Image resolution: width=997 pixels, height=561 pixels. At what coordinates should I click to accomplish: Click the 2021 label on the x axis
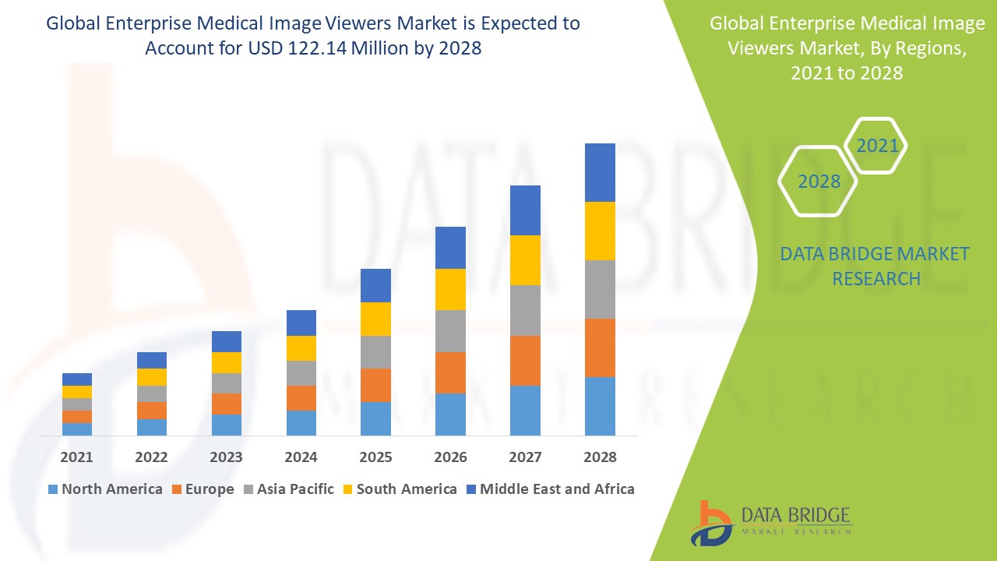point(77,457)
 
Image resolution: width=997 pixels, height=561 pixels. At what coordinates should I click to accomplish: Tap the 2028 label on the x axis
point(600,457)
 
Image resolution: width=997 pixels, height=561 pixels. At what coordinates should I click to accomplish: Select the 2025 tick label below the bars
point(375,457)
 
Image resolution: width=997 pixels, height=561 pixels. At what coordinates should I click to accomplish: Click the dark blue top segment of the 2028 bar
point(600,172)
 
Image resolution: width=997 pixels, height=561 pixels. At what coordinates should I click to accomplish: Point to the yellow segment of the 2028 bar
point(600,231)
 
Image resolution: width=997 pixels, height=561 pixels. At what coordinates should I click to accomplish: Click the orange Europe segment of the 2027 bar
point(525,360)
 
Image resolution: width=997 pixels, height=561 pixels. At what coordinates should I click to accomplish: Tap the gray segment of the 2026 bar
point(450,331)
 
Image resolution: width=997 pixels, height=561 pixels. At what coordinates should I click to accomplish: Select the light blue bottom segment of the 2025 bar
point(375,418)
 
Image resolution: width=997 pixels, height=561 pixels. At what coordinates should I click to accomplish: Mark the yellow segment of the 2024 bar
point(301,348)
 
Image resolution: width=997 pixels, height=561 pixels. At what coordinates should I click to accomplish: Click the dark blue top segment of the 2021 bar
point(77,379)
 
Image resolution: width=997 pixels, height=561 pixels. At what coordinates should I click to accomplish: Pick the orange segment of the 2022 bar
point(152,411)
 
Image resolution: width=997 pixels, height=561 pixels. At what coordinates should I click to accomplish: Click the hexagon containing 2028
point(818,182)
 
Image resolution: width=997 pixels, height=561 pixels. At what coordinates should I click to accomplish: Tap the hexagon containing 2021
point(876,146)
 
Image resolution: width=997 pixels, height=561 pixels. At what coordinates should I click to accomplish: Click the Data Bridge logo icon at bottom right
point(711,523)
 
